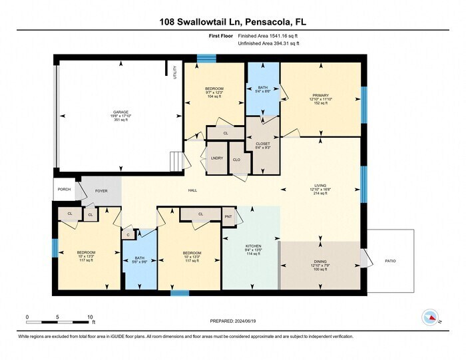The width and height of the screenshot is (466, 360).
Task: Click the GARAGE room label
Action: tap(120, 112)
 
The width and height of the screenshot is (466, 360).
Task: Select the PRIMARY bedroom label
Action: tap(321, 95)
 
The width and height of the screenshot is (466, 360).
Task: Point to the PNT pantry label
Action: tap(228, 217)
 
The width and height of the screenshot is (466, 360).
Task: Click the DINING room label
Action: tap(321, 262)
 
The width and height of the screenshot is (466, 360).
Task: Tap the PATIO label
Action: tap(390, 261)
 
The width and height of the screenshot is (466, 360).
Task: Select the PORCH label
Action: tap(64, 188)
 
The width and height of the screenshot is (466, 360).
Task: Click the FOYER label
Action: tap(101, 191)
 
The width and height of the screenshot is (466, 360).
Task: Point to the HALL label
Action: tap(192, 191)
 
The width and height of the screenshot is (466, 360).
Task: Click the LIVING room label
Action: tap(321, 186)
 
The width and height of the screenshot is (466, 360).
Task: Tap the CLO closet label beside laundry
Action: tap(236, 160)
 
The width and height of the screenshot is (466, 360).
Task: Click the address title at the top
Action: tap(232, 22)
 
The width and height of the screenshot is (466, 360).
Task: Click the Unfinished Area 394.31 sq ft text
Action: tap(268, 43)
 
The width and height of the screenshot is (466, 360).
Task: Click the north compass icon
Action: tap(430, 317)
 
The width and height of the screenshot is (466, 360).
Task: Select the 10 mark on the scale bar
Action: tap(89, 317)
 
